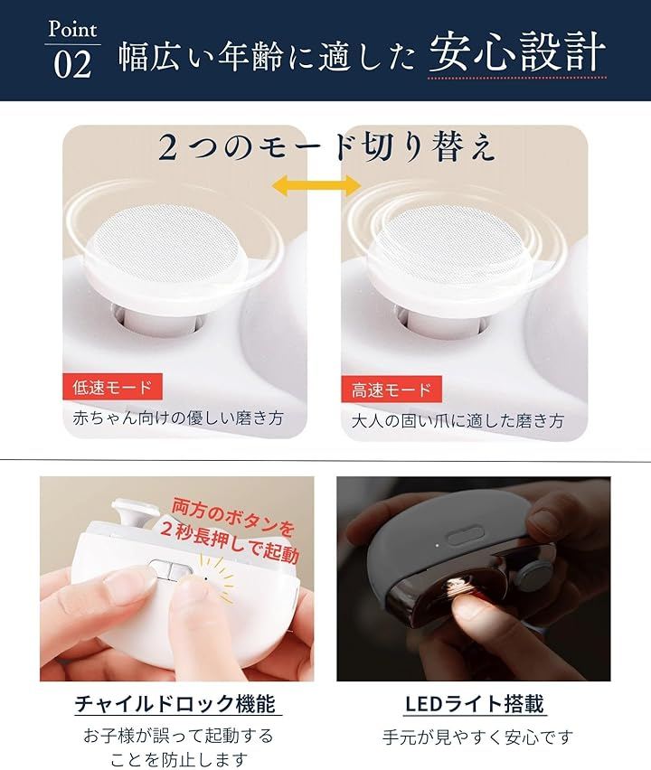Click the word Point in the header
pyautogui.click(x=72, y=29)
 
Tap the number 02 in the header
pyautogui.click(x=72, y=64)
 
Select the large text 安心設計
pyautogui.click(x=517, y=52)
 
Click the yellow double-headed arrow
pyautogui.click(x=316, y=185)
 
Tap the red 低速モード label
pyautogui.click(x=112, y=387)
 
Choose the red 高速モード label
pyautogui.click(x=392, y=390)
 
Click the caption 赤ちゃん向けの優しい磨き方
pyautogui.click(x=178, y=418)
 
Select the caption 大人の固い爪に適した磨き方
pyautogui.click(x=457, y=421)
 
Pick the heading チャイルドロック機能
pyautogui.click(x=175, y=703)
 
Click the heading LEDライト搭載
pyautogui.click(x=474, y=704)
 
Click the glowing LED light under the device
pyautogui.click(x=458, y=586)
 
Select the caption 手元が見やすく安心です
pyautogui.click(x=477, y=737)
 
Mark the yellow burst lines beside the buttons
pyautogui.click(x=219, y=579)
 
